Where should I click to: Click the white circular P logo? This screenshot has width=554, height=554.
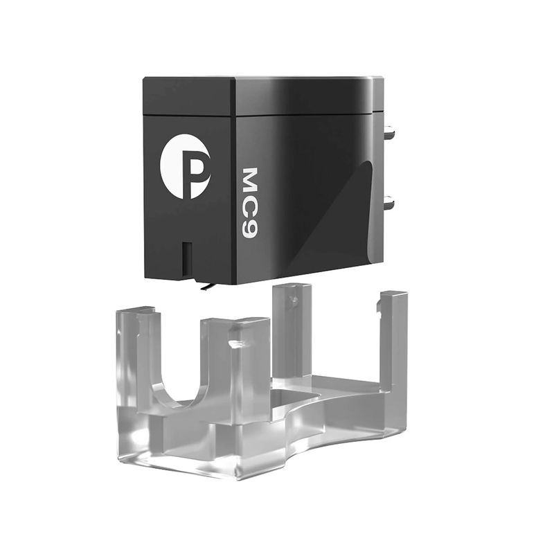coord(185,166)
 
